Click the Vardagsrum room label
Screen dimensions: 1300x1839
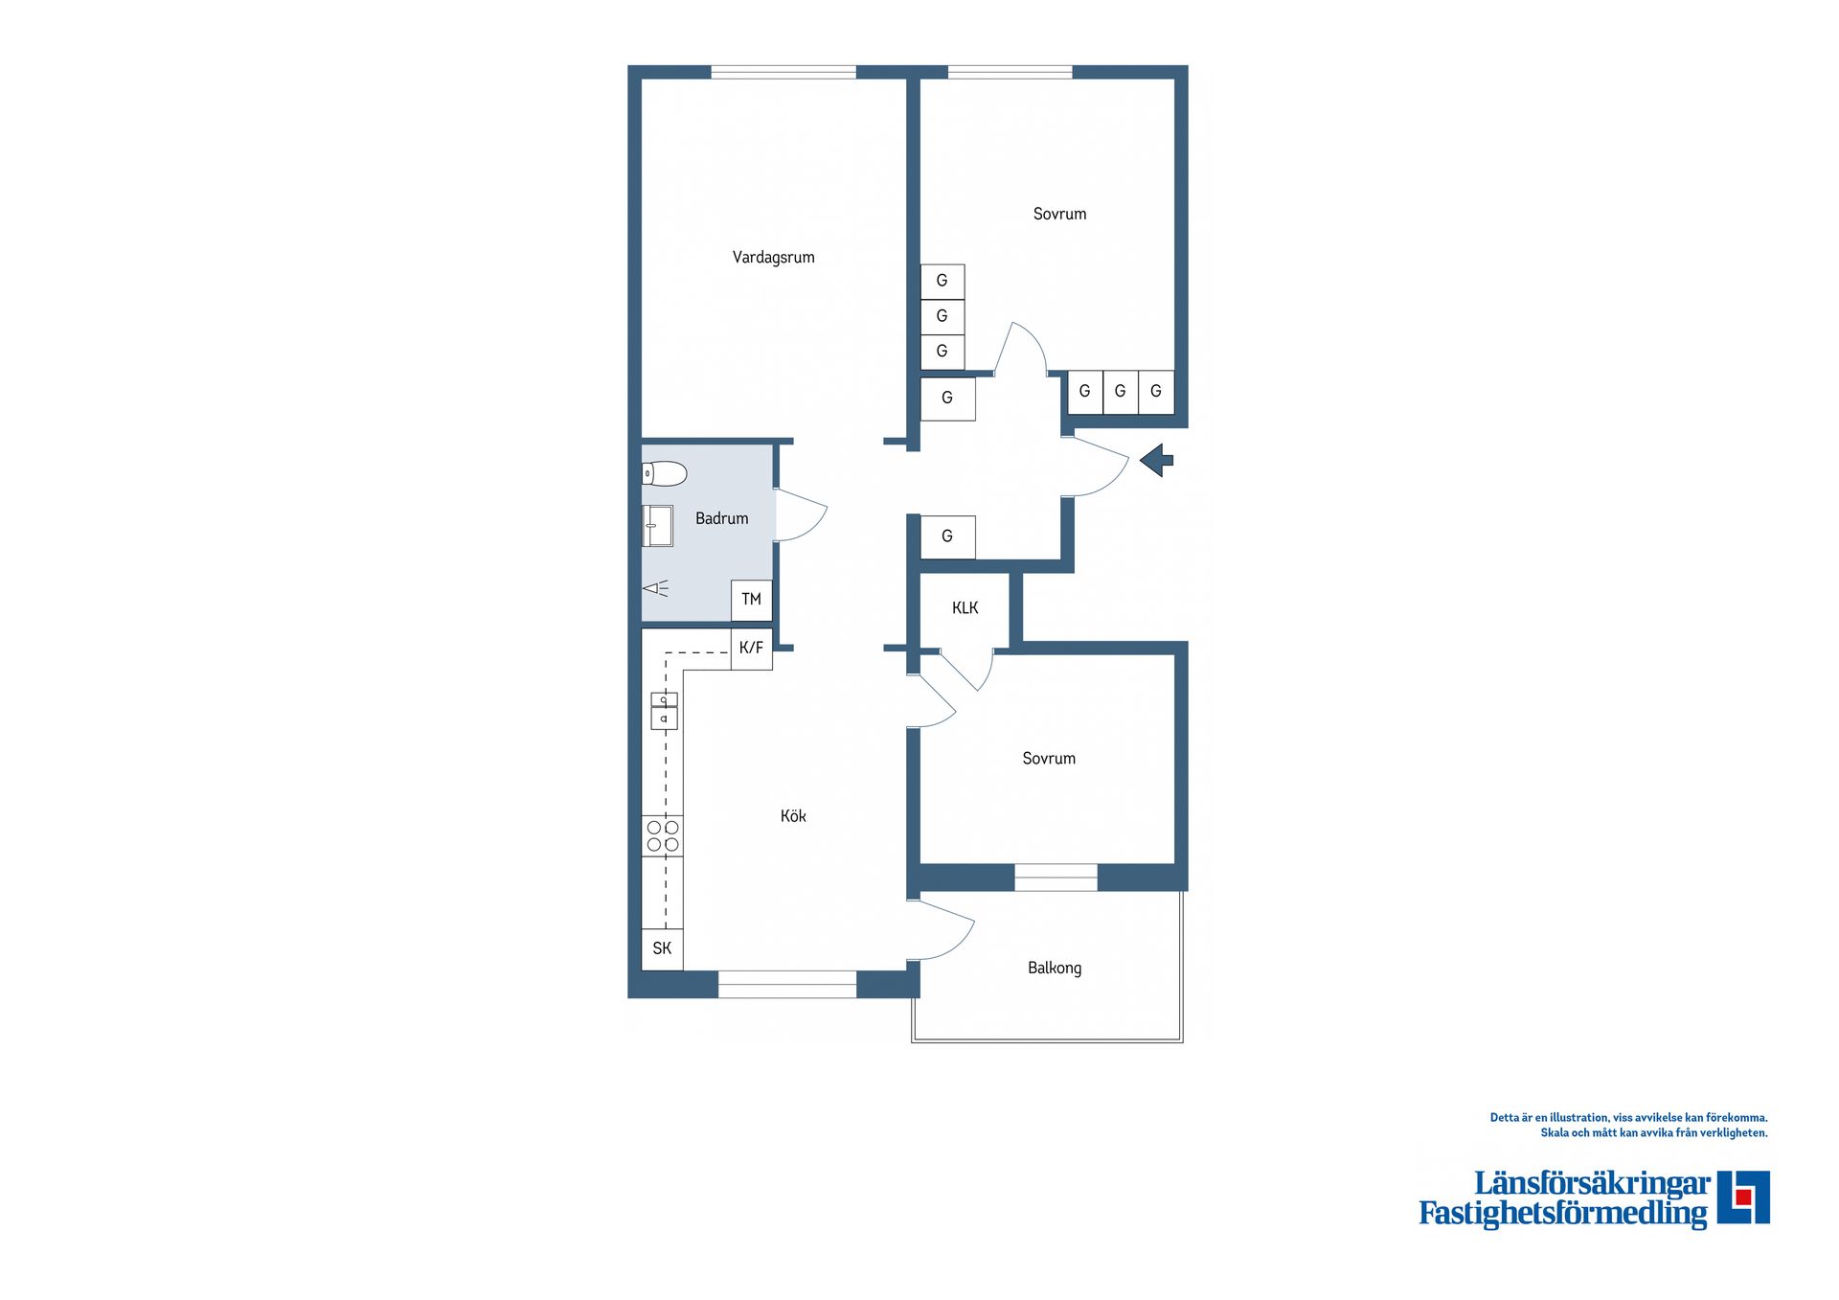[x=773, y=257]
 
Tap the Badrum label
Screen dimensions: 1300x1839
[x=721, y=518]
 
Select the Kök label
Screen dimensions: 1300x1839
[x=793, y=816]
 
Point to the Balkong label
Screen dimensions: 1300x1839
[x=1055, y=968]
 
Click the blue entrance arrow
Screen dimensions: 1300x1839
[x=1157, y=460]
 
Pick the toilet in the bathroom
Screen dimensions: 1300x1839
[x=665, y=473]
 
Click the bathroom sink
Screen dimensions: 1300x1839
[x=657, y=526]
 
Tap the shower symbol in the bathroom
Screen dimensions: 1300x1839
[x=656, y=588]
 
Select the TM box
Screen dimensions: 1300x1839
[x=751, y=600]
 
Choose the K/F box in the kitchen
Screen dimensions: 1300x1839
[x=752, y=649]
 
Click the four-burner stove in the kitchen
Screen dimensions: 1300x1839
[x=663, y=835]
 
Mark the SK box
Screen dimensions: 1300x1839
[x=662, y=948]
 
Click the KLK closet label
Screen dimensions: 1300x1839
[x=965, y=607]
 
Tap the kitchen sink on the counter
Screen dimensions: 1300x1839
[x=664, y=711]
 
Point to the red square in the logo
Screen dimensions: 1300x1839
[x=1743, y=1197]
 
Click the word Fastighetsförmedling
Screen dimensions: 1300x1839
[x=1562, y=1214]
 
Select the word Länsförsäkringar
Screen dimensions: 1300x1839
[x=1592, y=1184]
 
